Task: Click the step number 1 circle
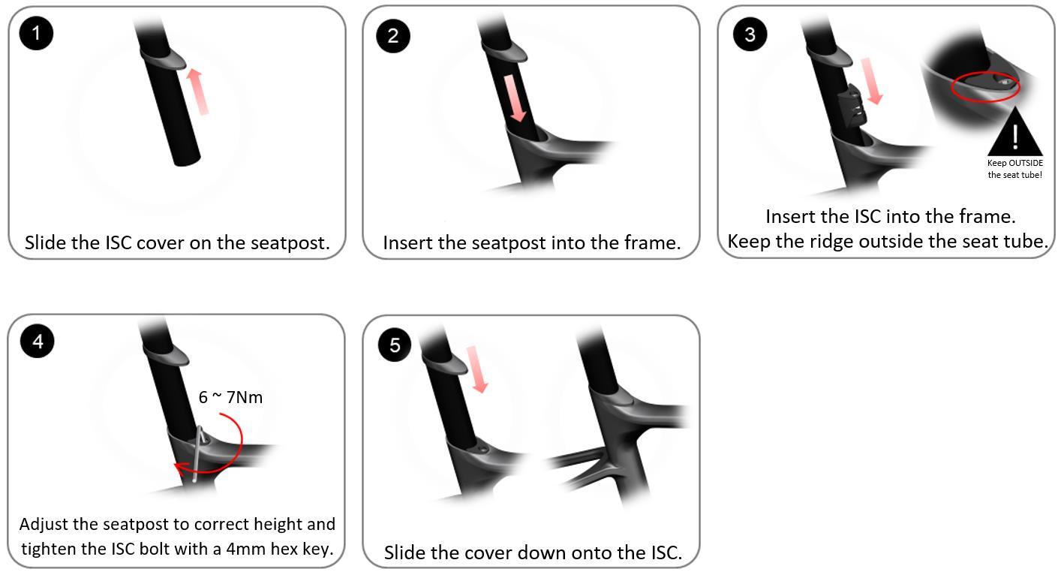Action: click(36, 33)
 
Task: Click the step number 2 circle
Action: click(392, 35)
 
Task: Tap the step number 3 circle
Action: click(750, 34)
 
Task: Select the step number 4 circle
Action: click(38, 342)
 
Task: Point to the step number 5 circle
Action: click(395, 345)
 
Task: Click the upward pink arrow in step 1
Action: click(197, 92)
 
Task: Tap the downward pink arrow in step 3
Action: click(872, 81)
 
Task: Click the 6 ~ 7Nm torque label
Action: click(230, 397)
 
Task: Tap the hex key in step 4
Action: click(198, 453)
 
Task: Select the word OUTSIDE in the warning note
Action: click(1026, 163)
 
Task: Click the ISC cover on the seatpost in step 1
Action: click(164, 58)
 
